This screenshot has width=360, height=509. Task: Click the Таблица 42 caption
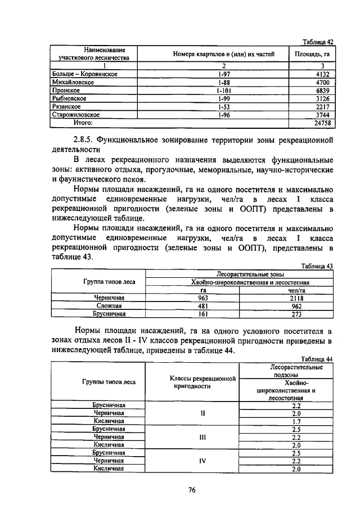pos(318,42)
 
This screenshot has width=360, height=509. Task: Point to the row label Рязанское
pos(66,106)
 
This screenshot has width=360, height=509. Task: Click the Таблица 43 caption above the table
pos(318,266)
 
